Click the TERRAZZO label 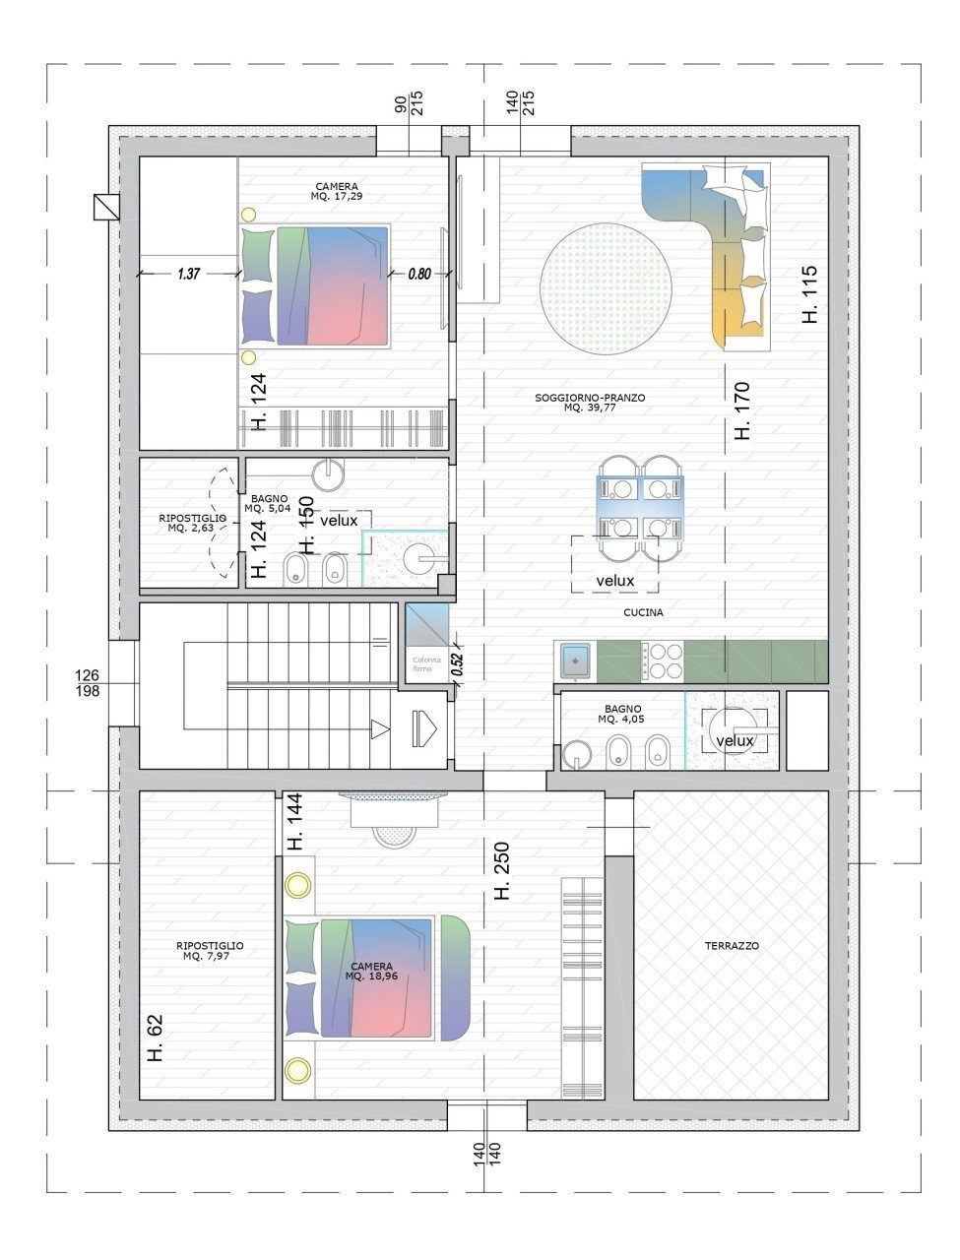point(731,945)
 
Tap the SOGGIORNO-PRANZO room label point(589,402)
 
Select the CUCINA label point(643,612)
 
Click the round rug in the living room point(606,288)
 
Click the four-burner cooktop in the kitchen point(662,661)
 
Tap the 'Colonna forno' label point(426,664)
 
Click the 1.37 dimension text point(188,274)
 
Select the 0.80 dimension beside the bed point(419,274)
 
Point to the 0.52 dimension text point(457,663)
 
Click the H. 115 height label point(808,294)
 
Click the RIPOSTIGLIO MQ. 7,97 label point(210,951)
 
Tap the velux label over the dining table point(614,581)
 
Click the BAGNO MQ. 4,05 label point(622,714)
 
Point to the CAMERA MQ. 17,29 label point(337,191)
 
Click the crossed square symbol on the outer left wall point(106,208)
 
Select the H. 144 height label point(294,821)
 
